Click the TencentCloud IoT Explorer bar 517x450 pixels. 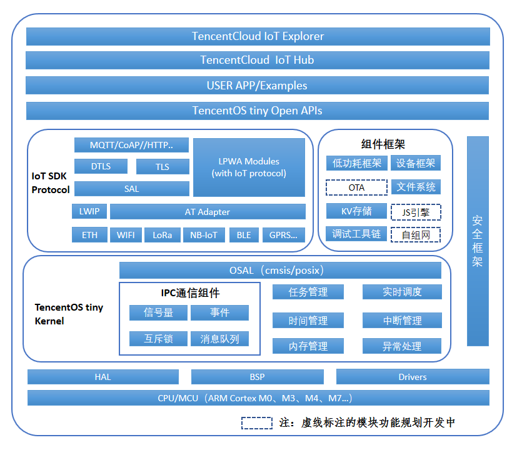tap(258, 36)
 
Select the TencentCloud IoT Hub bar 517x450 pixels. tap(258, 60)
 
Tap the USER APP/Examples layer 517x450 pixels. tap(258, 86)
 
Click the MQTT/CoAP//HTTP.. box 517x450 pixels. tap(131, 145)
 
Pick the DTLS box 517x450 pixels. tap(101, 166)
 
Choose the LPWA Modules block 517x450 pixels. tap(249, 167)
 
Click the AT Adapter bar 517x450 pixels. tap(208, 212)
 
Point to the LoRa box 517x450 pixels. tap(162, 236)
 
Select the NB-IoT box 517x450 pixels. tap(203, 236)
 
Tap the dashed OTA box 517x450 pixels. tap(356, 187)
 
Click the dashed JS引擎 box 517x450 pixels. tap(416, 212)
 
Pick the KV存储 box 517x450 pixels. tap(356, 211)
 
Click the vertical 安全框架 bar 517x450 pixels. tap(478, 241)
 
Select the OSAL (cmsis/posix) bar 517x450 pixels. tap(280, 271)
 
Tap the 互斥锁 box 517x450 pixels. tap(158, 339)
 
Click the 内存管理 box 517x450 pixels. tap(308, 346)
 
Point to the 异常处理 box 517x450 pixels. tap(402, 346)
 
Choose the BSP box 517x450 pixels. tap(257, 377)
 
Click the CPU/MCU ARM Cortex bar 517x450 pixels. tap(258, 398)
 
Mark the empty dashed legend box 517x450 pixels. tap(257, 423)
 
